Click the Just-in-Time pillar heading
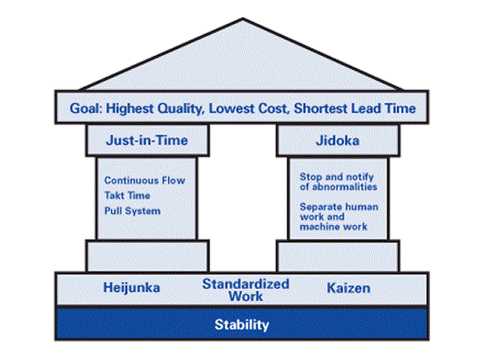[x=147, y=140]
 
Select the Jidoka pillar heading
[x=337, y=141]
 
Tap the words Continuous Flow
[x=145, y=181]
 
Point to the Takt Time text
[x=127, y=195]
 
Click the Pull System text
[x=133, y=211]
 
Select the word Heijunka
[x=131, y=288]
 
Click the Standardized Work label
[x=246, y=290]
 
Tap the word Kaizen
[x=348, y=288]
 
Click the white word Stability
[x=242, y=325]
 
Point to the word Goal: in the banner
[x=86, y=108]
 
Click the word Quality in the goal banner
[x=181, y=109]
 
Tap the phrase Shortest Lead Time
[x=355, y=108]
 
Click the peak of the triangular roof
[x=243, y=19]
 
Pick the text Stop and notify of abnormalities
[x=338, y=182]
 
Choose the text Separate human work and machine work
[x=339, y=217]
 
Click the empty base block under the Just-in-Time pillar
[x=148, y=256]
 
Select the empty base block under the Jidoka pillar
[x=338, y=256]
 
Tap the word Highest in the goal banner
[x=130, y=109]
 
